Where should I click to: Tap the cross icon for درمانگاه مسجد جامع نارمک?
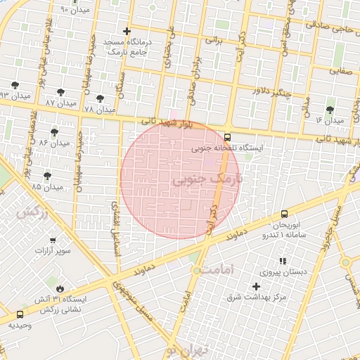(x=127, y=31)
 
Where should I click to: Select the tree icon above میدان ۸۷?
(x=61, y=91)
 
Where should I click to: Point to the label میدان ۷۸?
(x=98, y=110)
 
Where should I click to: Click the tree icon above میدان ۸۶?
(x=54, y=131)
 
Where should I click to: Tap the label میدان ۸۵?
(x=46, y=187)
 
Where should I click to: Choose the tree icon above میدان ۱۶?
(x=330, y=110)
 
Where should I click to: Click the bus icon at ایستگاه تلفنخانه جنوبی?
(x=227, y=137)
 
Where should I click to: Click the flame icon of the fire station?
(x=60, y=288)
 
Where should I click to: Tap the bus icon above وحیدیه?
(x=19, y=314)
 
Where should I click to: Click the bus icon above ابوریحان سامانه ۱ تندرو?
(x=284, y=213)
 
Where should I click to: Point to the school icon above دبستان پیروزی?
(x=283, y=261)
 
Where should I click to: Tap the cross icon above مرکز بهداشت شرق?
(x=256, y=286)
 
